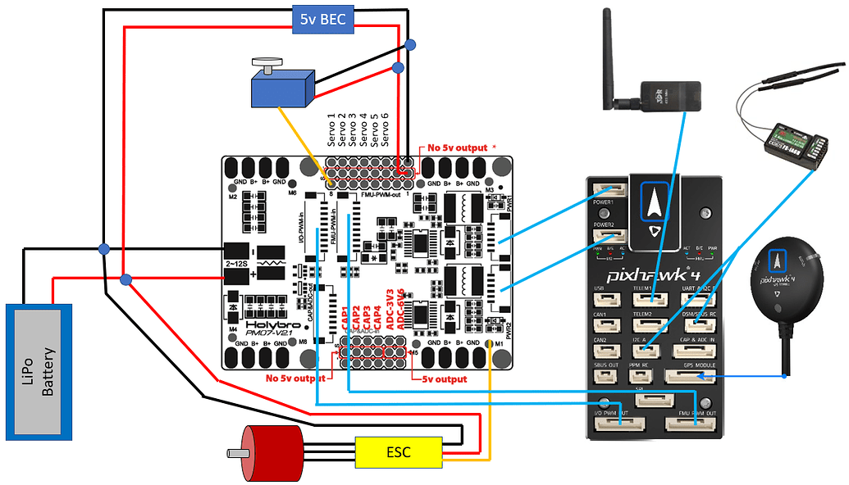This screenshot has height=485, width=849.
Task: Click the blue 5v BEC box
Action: point(322,18)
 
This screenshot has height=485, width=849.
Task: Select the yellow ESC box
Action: point(399,451)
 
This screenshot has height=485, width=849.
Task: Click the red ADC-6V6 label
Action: point(400,309)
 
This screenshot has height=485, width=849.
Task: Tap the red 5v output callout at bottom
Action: point(444,379)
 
